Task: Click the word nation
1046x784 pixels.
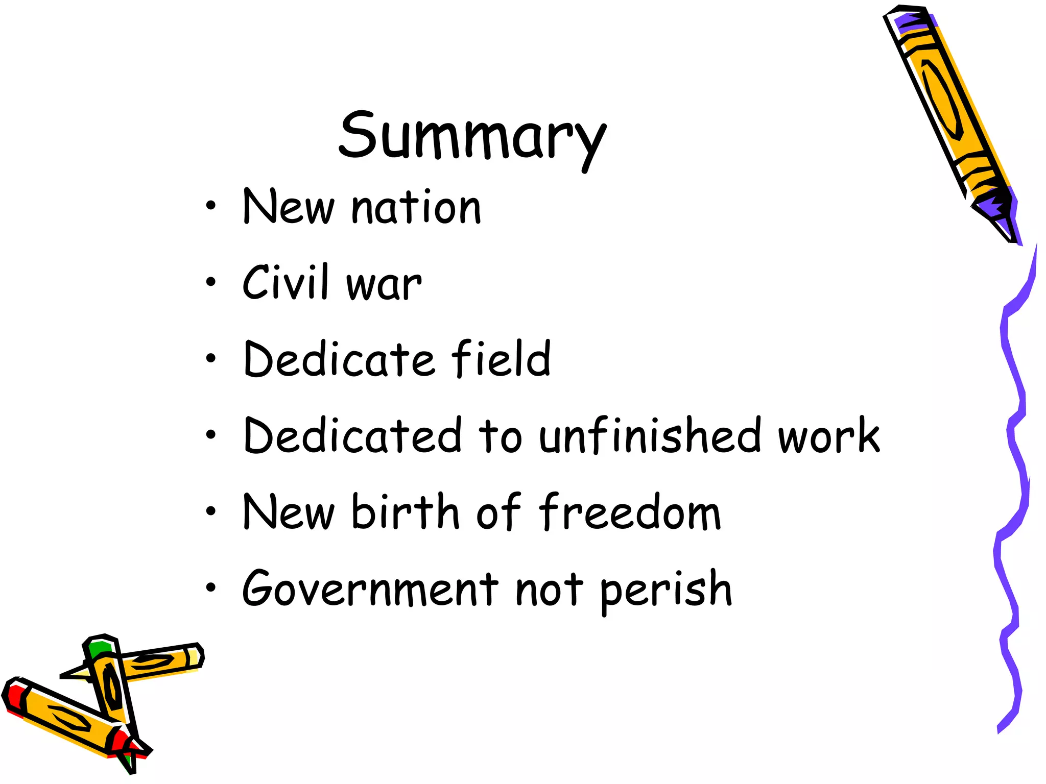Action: (x=416, y=207)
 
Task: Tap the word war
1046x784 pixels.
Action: (x=384, y=285)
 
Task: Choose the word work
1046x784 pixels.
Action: (x=828, y=435)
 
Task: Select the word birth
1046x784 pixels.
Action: (x=406, y=511)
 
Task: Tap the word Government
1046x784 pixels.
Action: (x=370, y=589)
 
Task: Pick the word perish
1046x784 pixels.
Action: (x=666, y=591)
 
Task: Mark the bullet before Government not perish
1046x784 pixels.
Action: (x=211, y=589)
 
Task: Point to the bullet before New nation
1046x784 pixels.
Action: (x=211, y=206)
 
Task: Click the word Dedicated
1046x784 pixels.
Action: (x=353, y=435)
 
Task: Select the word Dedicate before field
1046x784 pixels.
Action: (x=339, y=359)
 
